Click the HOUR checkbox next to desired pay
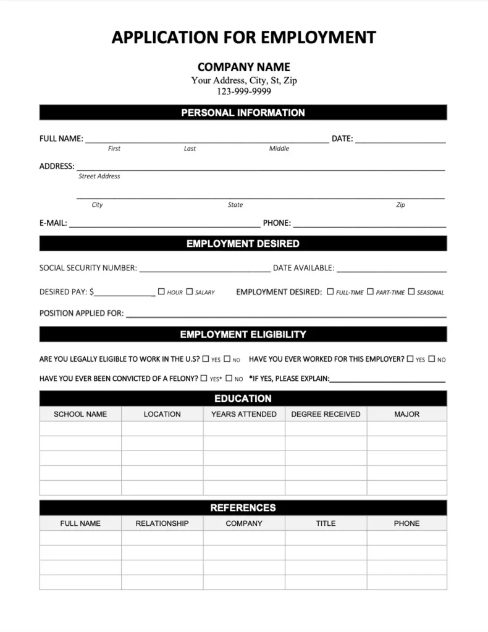click(162, 291)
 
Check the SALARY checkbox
click(190, 291)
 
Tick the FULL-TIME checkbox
click(330, 291)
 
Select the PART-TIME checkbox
click(371, 291)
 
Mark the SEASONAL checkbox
click(411, 291)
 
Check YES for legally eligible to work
click(206, 359)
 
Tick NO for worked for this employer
click(432, 359)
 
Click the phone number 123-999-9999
click(243, 91)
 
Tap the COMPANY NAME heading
click(243, 67)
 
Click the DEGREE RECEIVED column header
click(326, 414)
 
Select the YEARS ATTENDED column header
click(244, 414)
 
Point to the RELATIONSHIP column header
click(162, 523)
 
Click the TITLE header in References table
click(326, 523)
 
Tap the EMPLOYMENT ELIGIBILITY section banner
click(243, 335)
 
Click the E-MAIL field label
click(53, 223)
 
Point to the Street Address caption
click(99, 177)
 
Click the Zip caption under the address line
click(400, 205)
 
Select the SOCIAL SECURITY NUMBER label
click(88, 268)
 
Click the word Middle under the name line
click(279, 149)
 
